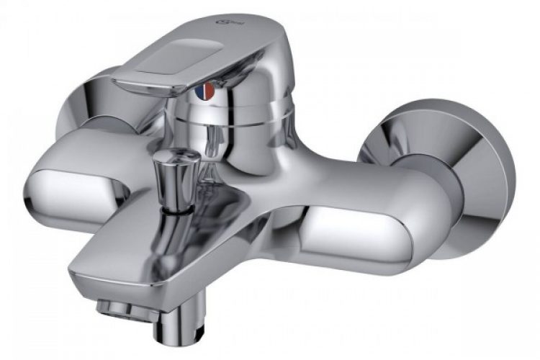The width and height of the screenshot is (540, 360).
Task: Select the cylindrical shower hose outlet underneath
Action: click(x=174, y=328)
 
